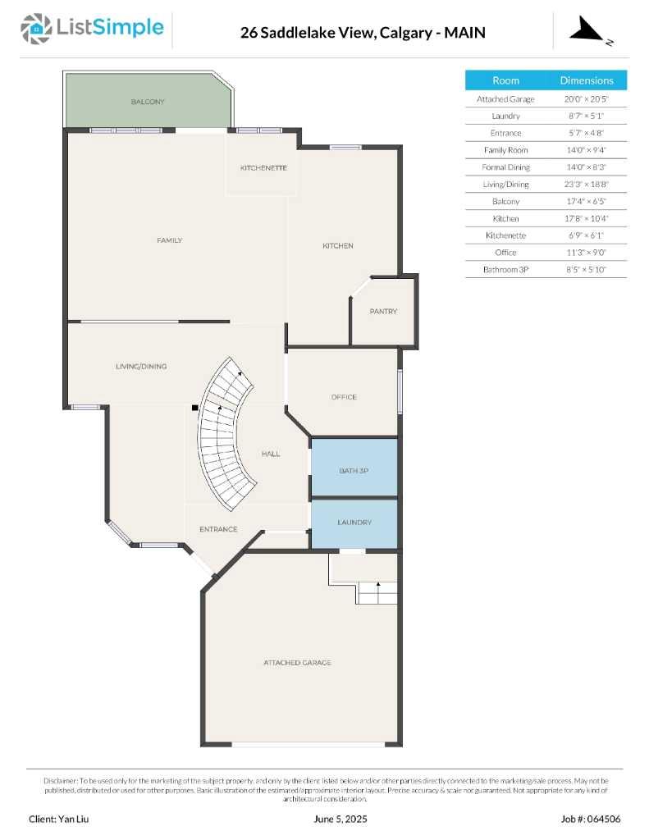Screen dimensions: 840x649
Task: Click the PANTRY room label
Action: pyautogui.click(x=383, y=311)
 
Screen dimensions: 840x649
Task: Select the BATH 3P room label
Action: pyautogui.click(x=354, y=471)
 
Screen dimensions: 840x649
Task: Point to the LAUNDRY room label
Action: pyautogui.click(x=354, y=522)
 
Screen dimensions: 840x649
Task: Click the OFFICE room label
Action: pyautogui.click(x=344, y=397)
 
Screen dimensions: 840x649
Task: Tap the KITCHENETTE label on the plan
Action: pyautogui.click(x=263, y=167)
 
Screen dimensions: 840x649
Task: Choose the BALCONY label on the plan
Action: pyautogui.click(x=148, y=102)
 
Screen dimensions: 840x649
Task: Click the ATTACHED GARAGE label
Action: pyautogui.click(x=297, y=662)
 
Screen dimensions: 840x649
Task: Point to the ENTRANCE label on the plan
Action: pyautogui.click(x=218, y=529)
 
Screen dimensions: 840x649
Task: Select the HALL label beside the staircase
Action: pyautogui.click(x=271, y=454)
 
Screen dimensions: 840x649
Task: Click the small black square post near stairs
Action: pyautogui.click(x=195, y=407)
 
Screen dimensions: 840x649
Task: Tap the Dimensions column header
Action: pyautogui.click(x=587, y=80)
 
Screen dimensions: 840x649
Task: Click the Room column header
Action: pyautogui.click(x=505, y=80)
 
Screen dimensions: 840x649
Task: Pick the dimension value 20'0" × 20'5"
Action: pyautogui.click(x=586, y=98)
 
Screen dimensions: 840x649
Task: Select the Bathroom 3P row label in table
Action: pyautogui.click(x=505, y=269)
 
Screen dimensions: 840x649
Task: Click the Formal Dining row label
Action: pyautogui.click(x=505, y=167)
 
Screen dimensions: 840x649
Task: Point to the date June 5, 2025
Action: pyautogui.click(x=341, y=819)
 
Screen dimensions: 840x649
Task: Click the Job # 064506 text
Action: pyautogui.click(x=591, y=819)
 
